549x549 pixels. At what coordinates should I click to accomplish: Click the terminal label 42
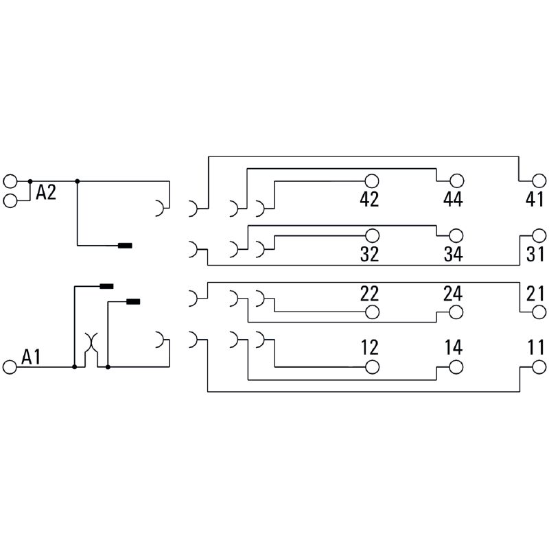click(x=370, y=200)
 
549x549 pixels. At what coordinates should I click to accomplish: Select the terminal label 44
click(x=453, y=200)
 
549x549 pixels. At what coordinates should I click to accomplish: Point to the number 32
click(x=370, y=254)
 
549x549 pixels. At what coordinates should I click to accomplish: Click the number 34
click(x=453, y=254)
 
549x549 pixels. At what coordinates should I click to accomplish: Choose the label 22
click(x=370, y=294)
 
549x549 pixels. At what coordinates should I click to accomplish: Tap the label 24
click(x=453, y=294)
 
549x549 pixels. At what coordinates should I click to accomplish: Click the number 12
click(x=370, y=347)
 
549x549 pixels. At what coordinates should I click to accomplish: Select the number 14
click(x=453, y=347)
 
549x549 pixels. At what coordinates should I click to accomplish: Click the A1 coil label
click(x=32, y=357)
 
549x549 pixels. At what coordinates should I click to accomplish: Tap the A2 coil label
click(x=46, y=194)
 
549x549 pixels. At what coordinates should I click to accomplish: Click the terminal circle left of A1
click(x=10, y=367)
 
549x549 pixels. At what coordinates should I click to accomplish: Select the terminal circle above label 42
click(x=372, y=181)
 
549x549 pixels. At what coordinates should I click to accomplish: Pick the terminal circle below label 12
click(x=372, y=367)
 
